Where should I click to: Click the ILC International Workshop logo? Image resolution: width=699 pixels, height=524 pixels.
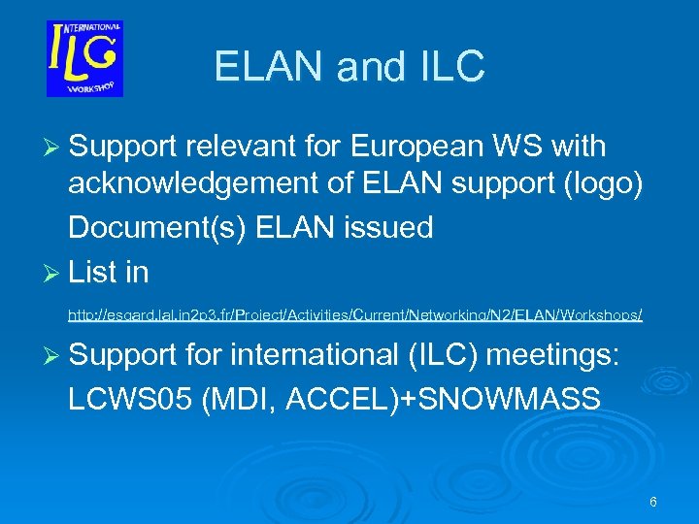84,58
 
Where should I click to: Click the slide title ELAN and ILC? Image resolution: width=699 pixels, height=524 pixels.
349,67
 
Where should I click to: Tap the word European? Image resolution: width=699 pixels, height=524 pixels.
416,147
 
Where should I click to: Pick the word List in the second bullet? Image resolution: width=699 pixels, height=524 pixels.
93,273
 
